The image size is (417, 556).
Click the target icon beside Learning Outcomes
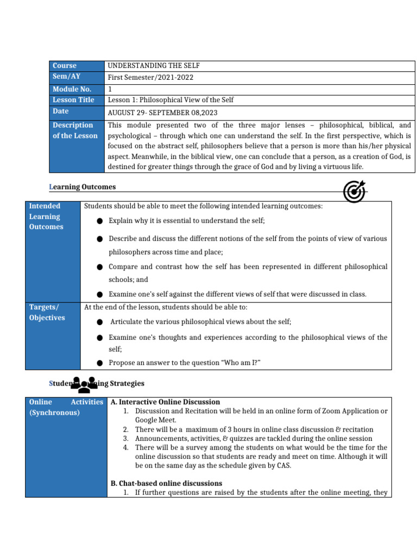[x=354, y=191]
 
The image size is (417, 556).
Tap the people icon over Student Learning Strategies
[x=84, y=384]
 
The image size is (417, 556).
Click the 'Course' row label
[x=64, y=66]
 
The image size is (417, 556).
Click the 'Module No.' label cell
[x=72, y=89]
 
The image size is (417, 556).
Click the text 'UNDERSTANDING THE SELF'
[x=157, y=66]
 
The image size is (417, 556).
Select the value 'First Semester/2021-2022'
[x=151, y=77]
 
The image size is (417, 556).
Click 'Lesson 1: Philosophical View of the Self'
[x=170, y=100]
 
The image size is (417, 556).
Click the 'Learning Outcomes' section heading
[x=83, y=187]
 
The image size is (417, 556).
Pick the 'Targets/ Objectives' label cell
[x=47, y=312]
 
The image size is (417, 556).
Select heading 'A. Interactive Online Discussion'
[x=165, y=402]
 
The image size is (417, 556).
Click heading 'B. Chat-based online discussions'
[x=166, y=483]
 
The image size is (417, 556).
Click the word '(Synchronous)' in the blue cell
[x=54, y=413]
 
